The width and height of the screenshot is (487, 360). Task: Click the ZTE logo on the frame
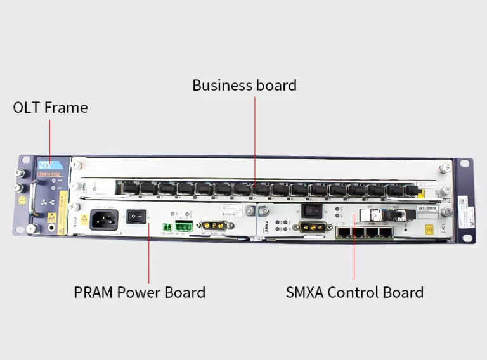45,164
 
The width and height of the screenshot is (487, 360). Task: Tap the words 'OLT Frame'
50,108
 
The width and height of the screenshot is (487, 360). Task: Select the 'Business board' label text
244,85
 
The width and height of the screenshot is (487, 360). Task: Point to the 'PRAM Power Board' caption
140,292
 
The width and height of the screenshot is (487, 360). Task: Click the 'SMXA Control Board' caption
354,292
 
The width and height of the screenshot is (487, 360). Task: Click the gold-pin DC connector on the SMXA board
312,226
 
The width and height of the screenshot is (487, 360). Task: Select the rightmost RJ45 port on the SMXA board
385,231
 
